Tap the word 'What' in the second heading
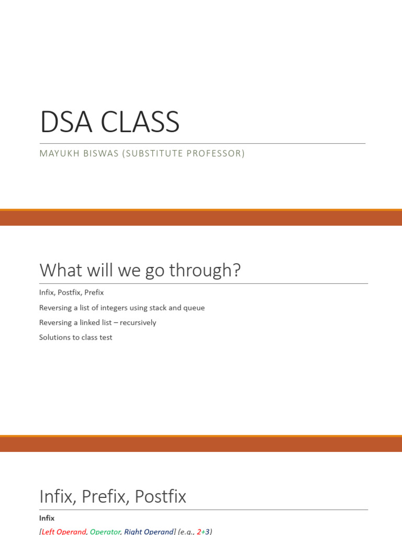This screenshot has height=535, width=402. click(61, 271)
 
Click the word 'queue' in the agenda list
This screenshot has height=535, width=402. click(194, 308)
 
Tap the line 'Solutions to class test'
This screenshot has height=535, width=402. click(75, 338)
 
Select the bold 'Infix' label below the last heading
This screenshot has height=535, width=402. click(47, 518)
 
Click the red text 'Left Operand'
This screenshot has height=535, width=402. click(64, 531)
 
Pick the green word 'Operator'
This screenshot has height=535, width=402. click(105, 531)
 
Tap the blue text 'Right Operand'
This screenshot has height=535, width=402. click(149, 531)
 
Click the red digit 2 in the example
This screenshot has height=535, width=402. click(199, 531)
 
